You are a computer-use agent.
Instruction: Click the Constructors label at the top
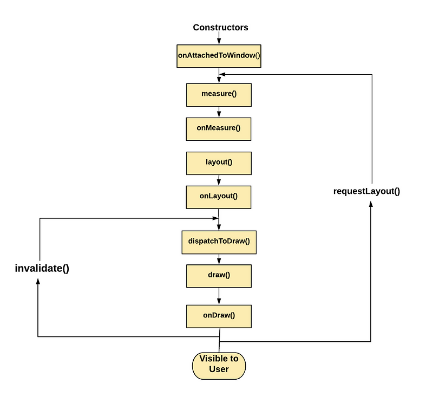(x=220, y=27)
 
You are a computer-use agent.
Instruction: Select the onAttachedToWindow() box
(x=219, y=56)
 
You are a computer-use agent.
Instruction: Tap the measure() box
(x=219, y=94)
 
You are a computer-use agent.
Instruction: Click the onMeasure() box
(x=219, y=128)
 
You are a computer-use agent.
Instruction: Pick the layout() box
(x=219, y=162)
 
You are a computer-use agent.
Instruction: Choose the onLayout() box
(x=219, y=197)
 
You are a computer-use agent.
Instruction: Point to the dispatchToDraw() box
(x=219, y=242)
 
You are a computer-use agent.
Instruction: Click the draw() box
(x=219, y=275)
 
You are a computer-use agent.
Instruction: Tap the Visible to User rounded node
(x=219, y=364)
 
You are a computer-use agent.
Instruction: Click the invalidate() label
(x=42, y=268)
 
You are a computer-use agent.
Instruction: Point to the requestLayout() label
(x=366, y=191)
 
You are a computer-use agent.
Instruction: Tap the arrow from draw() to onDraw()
(x=219, y=296)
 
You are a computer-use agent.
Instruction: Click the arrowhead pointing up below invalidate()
(x=37, y=283)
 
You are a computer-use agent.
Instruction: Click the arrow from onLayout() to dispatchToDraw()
(x=219, y=219)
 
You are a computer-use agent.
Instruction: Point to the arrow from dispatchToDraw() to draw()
(x=219, y=259)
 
